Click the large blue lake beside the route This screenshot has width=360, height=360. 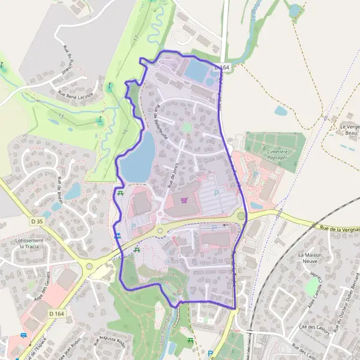(139, 158)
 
